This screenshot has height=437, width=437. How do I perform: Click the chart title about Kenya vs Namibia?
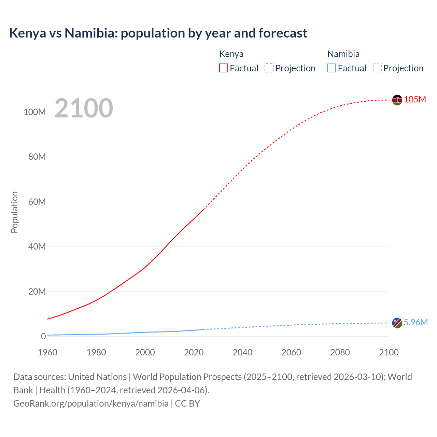click(158, 33)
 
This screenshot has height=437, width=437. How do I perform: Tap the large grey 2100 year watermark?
click(84, 108)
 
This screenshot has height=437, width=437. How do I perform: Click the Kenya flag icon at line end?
click(397, 100)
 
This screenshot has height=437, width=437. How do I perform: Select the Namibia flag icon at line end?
click(397, 323)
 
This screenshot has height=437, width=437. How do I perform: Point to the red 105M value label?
click(415, 99)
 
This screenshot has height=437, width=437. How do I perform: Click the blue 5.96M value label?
click(415, 322)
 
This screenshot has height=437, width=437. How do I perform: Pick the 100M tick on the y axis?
click(34, 112)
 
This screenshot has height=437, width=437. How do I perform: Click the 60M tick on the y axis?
click(37, 202)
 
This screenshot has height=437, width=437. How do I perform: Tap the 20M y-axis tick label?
click(37, 292)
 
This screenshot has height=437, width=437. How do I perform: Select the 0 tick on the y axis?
click(43, 336)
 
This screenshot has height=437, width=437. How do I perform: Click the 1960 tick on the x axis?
click(47, 352)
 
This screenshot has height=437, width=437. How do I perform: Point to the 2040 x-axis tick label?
click(242, 352)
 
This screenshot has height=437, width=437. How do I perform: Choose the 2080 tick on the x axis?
click(340, 352)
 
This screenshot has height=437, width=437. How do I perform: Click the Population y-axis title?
click(14, 212)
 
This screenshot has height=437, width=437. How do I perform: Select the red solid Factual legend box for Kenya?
click(224, 68)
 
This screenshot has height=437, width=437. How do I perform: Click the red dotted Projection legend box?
click(269, 68)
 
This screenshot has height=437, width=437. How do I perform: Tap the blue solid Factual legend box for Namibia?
click(332, 68)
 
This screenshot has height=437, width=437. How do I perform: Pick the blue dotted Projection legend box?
click(377, 68)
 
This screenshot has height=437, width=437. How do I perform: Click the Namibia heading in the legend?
click(343, 54)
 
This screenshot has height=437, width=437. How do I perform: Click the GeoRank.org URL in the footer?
click(91, 404)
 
